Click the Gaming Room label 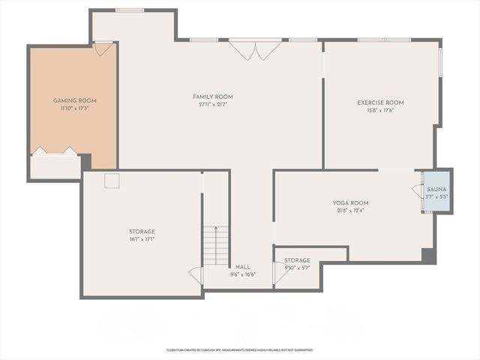(x=74, y=100)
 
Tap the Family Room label (x=213, y=97)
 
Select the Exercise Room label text (x=380, y=103)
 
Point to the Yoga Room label (x=350, y=203)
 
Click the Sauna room (x=436, y=192)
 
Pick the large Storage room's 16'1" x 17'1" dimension (x=141, y=239)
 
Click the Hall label (x=243, y=267)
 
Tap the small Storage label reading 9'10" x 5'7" (x=297, y=268)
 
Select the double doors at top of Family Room (x=255, y=50)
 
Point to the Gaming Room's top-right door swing (x=105, y=49)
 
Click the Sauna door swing (x=416, y=191)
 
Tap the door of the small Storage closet (x=283, y=272)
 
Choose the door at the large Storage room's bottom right (x=196, y=275)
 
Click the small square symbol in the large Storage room (x=112, y=180)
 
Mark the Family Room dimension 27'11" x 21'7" (x=213, y=105)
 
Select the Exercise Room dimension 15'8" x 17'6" (x=380, y=110)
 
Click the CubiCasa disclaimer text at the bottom (x=239, y=349)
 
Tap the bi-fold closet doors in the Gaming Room (x=55, y=151)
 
